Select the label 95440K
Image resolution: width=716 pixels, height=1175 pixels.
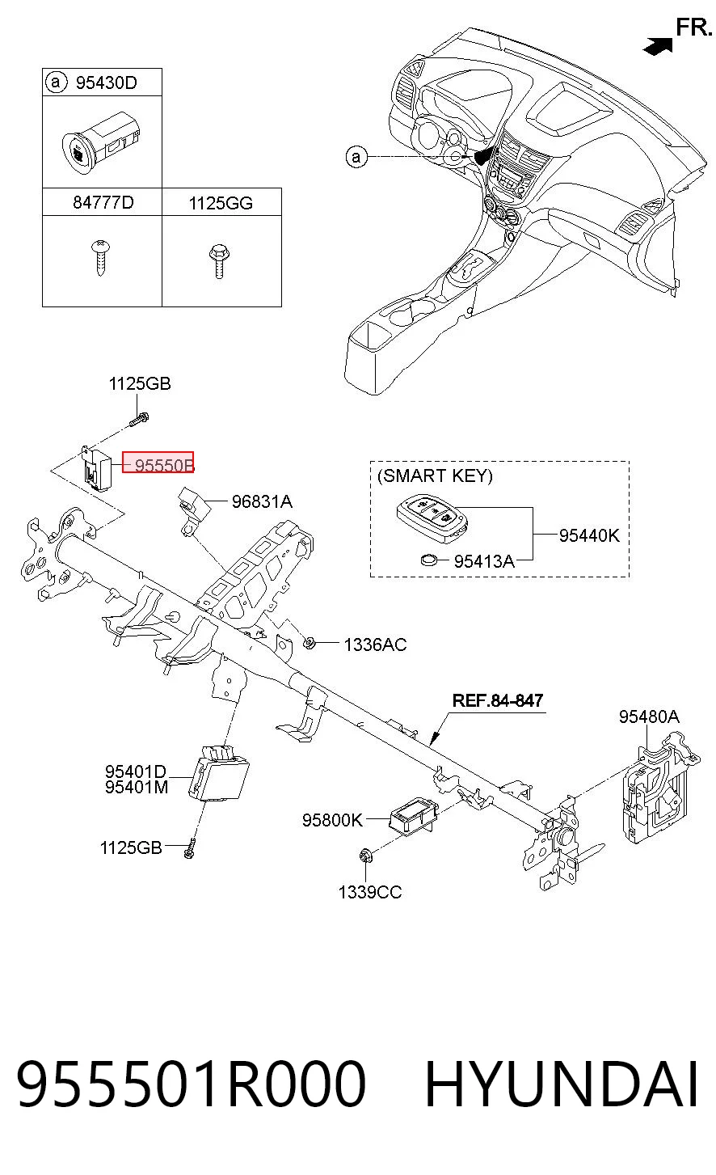point(589,535)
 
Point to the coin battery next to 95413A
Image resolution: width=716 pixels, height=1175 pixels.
point(429,560)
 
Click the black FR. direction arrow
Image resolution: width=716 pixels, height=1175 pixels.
point(658,45)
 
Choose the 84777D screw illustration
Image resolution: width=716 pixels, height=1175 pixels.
point(100,257)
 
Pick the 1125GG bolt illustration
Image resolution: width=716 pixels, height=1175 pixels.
point(219,261)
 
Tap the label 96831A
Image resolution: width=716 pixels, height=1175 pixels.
point(262,502)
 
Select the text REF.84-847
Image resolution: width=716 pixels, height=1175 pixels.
point(498,700)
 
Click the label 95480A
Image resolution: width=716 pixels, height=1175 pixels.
point(649,716)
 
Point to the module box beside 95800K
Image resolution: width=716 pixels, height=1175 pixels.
point(412,815)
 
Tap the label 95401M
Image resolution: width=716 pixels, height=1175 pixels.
point(137,788)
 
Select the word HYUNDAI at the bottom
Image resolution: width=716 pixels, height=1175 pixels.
point(562,1084)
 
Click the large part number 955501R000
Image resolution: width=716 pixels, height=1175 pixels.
point(191,1084)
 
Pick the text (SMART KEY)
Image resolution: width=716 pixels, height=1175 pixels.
point(435,475)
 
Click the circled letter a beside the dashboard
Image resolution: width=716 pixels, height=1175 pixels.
point(356,157)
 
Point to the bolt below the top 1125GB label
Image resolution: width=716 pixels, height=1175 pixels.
point(138,420)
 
